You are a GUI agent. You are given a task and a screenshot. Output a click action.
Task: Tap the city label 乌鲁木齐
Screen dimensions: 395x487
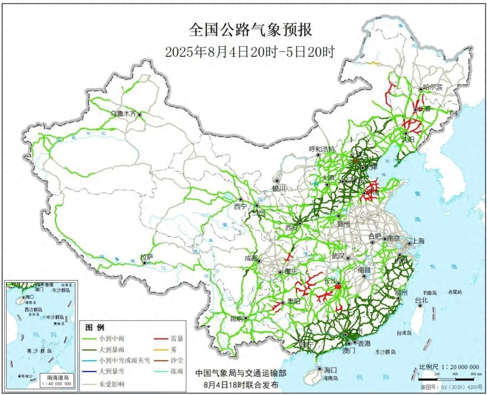[124, 114]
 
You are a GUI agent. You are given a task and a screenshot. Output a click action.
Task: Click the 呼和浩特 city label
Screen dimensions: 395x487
[322, 149]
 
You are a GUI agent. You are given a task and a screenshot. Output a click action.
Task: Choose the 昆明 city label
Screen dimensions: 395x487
[236, 318]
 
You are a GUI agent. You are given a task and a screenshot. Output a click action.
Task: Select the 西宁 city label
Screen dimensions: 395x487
[240, 206]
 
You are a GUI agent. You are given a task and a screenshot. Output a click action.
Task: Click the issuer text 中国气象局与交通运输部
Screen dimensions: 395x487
[240, 373]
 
